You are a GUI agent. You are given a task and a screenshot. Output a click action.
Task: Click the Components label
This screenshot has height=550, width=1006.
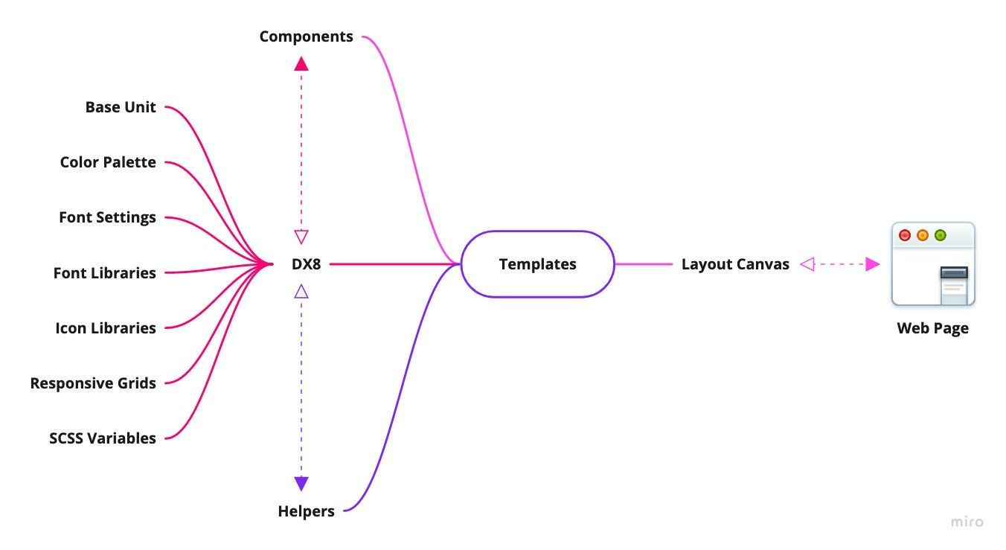point(306,36)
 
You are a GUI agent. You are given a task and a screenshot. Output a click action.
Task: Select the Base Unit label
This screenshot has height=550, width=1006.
point(121,107)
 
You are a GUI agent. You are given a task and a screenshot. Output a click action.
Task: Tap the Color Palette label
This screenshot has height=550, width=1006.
point(108,162)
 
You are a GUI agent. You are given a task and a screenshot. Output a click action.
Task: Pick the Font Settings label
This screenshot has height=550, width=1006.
point(107,217)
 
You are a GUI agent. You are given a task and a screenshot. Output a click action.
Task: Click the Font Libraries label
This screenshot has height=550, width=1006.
point(104,273)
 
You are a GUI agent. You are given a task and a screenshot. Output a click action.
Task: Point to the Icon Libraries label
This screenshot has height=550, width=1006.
point(106,328)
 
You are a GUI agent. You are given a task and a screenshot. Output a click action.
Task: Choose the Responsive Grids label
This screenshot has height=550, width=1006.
point(93,383)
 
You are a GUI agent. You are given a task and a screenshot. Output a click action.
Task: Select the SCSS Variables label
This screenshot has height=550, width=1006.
point(103,438)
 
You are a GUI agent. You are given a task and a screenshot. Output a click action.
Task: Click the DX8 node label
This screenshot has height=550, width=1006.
point(307,263)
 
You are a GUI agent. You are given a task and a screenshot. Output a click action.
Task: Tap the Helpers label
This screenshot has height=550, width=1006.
point(306,511)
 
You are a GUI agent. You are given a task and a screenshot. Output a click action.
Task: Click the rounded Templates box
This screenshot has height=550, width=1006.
point(537,264)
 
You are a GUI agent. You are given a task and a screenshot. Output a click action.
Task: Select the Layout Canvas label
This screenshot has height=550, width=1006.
point(735,264)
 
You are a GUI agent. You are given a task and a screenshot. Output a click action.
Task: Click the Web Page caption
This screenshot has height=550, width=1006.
point(932,328)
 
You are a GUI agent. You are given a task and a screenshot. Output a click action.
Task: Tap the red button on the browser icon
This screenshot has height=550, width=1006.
point(905,235)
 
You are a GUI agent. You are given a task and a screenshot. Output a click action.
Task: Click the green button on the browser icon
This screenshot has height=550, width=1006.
point(940,235)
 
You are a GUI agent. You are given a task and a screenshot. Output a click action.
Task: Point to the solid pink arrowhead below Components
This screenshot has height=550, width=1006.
point(301,64)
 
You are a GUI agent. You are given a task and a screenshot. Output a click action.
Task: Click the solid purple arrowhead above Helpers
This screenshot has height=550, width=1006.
point(301,483)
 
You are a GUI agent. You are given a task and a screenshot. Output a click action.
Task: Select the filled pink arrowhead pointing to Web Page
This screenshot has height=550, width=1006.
point(872,263)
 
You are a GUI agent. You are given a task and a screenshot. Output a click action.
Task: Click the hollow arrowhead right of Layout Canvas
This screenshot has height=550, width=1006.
point(807,263)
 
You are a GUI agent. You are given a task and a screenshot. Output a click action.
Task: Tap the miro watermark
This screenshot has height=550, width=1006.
point(967,522)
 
